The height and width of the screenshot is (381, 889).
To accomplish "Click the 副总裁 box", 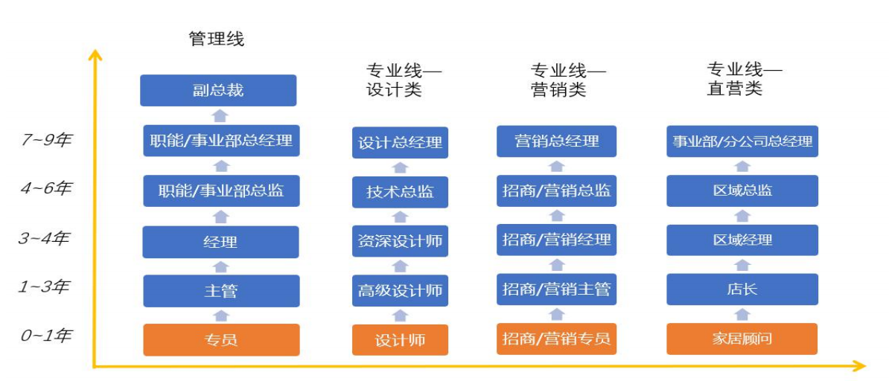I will coord(218,91).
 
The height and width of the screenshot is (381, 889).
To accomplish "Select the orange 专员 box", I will coord(221,340).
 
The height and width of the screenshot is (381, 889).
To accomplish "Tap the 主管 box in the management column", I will coord(221,291).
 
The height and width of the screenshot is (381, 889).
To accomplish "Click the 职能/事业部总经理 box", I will coord(221,141).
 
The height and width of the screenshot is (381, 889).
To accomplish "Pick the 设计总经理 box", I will coord(400,142).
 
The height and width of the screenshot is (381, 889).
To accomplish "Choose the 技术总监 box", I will coord(400,191).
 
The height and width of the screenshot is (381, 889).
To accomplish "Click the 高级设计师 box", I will coord(400,290).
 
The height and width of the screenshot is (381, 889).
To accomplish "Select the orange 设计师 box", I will coord(400,340).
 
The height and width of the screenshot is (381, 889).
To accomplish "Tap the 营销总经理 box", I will coord(556,141).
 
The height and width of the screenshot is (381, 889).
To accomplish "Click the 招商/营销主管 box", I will coord(556,289).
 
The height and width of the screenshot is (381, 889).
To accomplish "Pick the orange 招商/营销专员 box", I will coord(556,339).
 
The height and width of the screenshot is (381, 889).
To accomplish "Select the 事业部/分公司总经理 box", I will coord(742,141).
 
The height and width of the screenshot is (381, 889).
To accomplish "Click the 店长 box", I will coord(742,289).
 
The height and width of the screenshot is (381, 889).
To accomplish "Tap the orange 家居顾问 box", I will coord(742,339).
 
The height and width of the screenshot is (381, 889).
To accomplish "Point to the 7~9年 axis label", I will coord(45,139).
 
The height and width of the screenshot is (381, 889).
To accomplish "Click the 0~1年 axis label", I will coord(45,336).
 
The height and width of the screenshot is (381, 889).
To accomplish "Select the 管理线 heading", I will coord(217,39).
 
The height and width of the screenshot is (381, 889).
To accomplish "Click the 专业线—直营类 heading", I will coord(744,80).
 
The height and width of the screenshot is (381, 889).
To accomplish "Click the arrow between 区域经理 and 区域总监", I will coord(742,216).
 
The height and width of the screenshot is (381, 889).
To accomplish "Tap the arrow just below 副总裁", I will coord(219,115).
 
